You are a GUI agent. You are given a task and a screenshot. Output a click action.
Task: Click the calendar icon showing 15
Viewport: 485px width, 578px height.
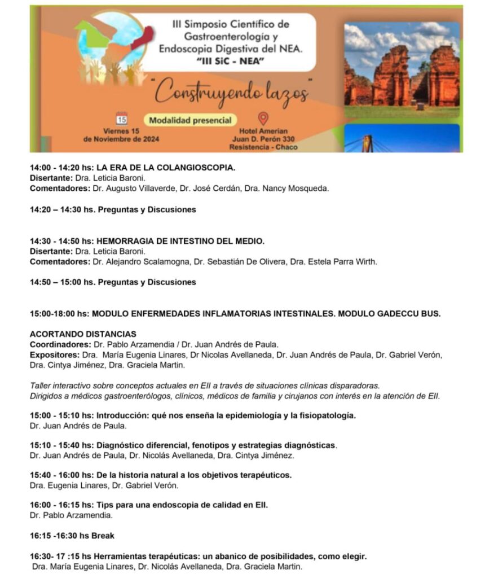tap(121, 118)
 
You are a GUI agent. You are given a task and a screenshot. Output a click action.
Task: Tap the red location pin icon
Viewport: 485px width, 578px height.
tap(263, 119)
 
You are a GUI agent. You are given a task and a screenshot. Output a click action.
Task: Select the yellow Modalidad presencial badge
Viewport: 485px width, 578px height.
tap(190, 120)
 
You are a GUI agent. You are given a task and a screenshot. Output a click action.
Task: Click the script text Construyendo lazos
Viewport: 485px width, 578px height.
tap(231, 91)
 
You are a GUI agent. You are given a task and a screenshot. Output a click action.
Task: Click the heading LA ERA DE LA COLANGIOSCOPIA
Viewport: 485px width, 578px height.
tap(166, 168)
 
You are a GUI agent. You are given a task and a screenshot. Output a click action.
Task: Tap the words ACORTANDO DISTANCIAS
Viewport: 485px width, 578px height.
tap(83, 334)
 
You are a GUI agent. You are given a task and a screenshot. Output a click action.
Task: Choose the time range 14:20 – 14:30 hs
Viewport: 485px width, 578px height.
tap(63, 209)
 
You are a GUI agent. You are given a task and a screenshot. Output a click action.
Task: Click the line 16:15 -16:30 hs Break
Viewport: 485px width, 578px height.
tap(72, 536)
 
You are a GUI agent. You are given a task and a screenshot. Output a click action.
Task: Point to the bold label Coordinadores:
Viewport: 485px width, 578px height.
tap(59, 344)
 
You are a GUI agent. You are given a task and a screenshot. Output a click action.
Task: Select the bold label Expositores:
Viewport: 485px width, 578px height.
tap(55, 354)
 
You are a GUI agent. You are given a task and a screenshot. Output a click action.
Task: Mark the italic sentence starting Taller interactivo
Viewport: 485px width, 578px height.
tap(205, 386)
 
